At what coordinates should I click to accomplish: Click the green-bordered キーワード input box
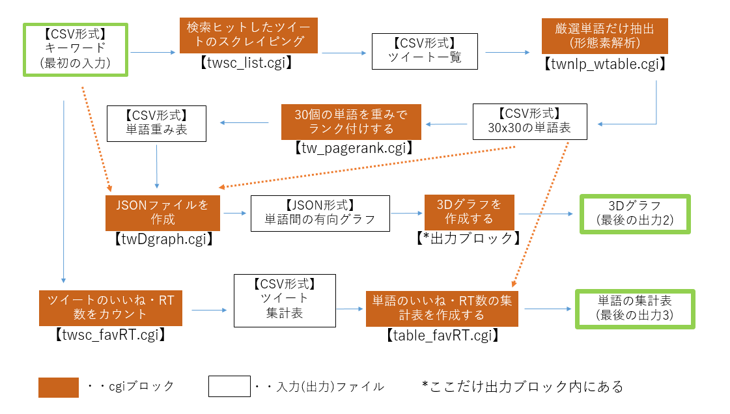pos(75,49)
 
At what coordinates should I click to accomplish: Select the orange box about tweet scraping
pos(249,36)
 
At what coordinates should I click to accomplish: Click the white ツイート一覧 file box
pos(425,51)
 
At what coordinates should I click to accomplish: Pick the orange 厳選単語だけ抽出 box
pos(605,36)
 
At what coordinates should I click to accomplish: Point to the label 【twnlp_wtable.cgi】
pos(605,64)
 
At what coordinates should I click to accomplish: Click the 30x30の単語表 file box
pos(529,121)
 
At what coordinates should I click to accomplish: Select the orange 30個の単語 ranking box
pos(351,121)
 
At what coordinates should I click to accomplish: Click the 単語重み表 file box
pos(156,123)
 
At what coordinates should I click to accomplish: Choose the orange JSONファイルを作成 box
pos(163,212)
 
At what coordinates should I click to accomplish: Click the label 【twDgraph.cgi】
pos(163,238)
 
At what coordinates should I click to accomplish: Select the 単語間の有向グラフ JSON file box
pos(320,212)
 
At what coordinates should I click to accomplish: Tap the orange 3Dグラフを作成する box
pos(470,211)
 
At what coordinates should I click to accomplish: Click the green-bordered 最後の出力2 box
pos(634,213)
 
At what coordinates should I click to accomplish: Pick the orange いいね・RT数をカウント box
pos(111,308)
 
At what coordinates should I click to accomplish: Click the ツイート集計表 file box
pos(285,299)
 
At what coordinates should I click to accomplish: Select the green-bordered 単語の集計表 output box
pos(635,309)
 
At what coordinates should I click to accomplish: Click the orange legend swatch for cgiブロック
pos(59,387)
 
